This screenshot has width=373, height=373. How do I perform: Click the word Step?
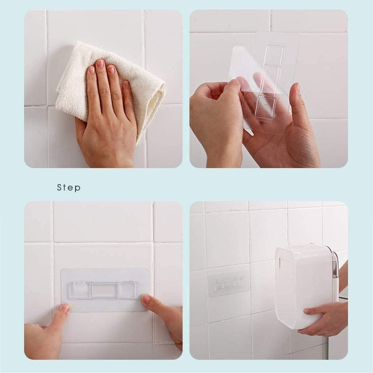tap(69, 188)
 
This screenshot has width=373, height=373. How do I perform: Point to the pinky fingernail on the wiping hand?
tap(126, 84)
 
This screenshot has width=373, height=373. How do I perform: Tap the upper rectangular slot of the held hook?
tap(274, 55)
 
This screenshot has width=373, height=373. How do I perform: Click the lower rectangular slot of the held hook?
tap(266, 104)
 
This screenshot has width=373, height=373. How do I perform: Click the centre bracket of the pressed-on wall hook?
tap(104, 291)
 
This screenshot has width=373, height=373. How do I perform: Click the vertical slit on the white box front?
tap(280, 265)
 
